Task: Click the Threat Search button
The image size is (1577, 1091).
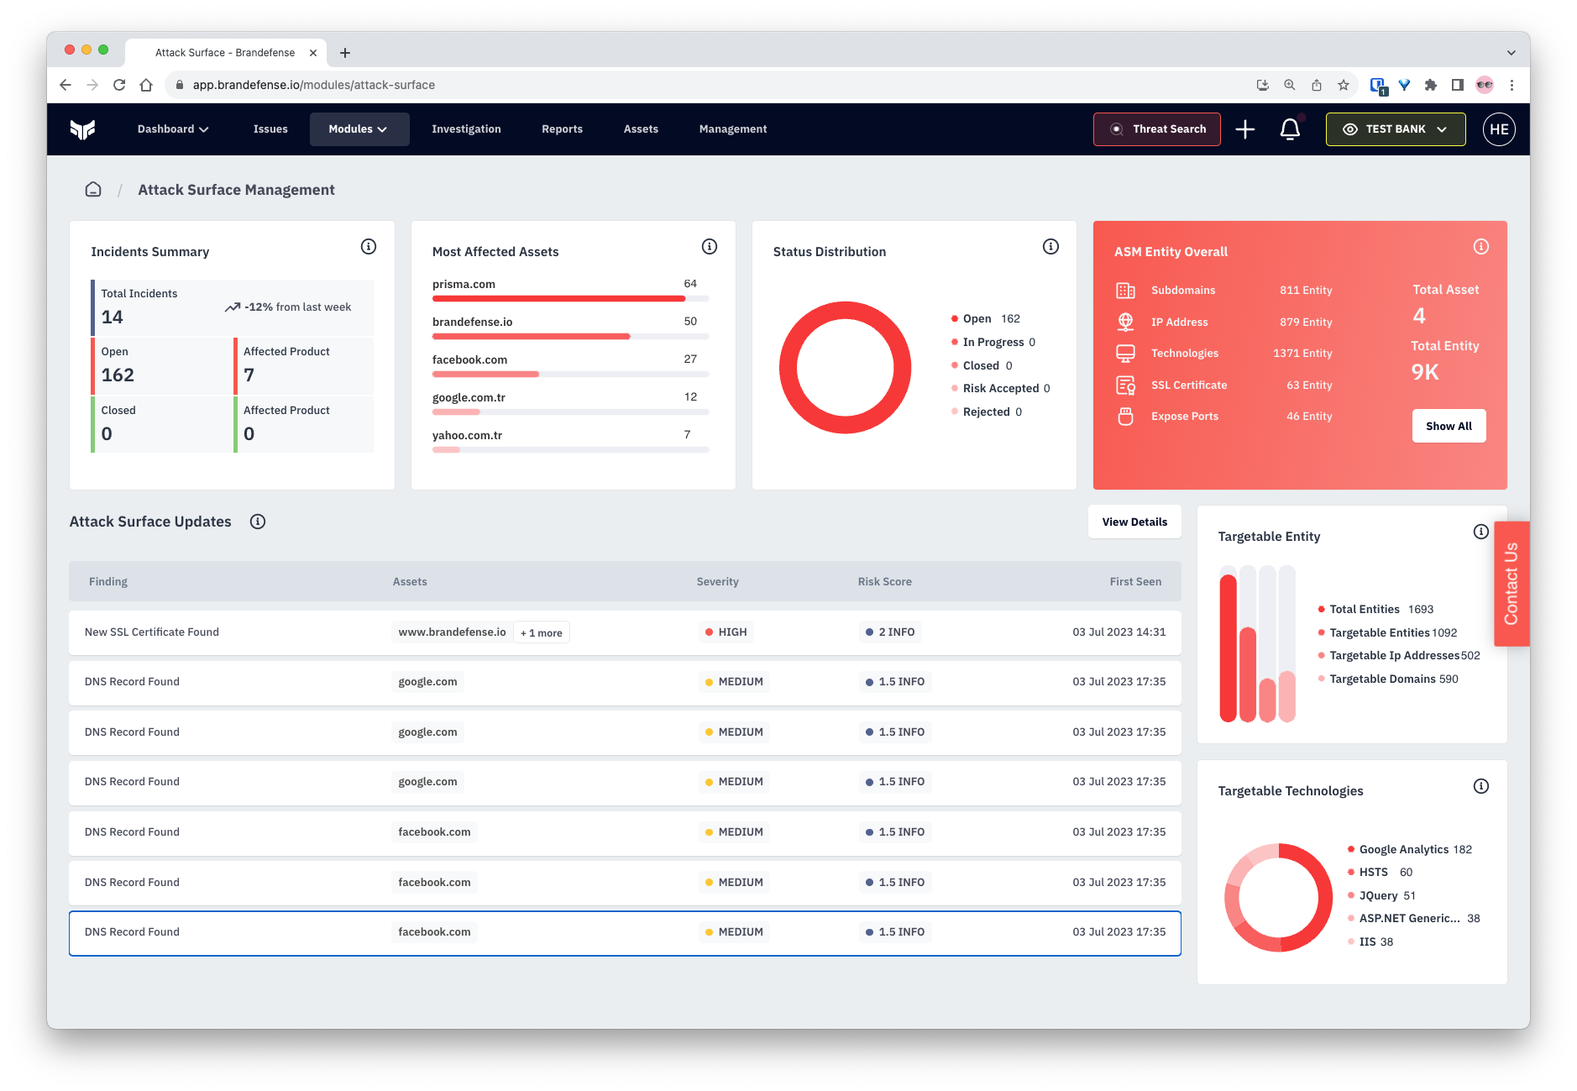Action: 1156,129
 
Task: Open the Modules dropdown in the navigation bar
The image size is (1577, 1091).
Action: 359,129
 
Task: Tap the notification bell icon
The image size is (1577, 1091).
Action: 1290,129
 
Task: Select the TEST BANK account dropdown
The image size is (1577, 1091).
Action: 1395,129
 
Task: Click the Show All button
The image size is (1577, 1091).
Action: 1449,426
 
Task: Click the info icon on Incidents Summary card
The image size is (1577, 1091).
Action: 369,247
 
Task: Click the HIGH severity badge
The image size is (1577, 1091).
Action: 726,632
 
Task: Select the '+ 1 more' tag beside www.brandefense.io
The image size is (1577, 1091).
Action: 542,633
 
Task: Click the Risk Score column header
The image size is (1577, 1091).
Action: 884,581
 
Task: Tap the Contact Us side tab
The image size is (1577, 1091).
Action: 1512,584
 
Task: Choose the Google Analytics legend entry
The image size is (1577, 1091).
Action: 1403,849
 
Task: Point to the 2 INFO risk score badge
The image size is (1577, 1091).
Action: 890,632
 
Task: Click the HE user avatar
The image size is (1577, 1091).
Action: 1499,129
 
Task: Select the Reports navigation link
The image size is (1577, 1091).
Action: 562,129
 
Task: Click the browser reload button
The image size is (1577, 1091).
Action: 119,85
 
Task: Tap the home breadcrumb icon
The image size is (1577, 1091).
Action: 93,190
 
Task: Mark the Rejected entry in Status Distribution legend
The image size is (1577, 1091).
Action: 986,412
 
